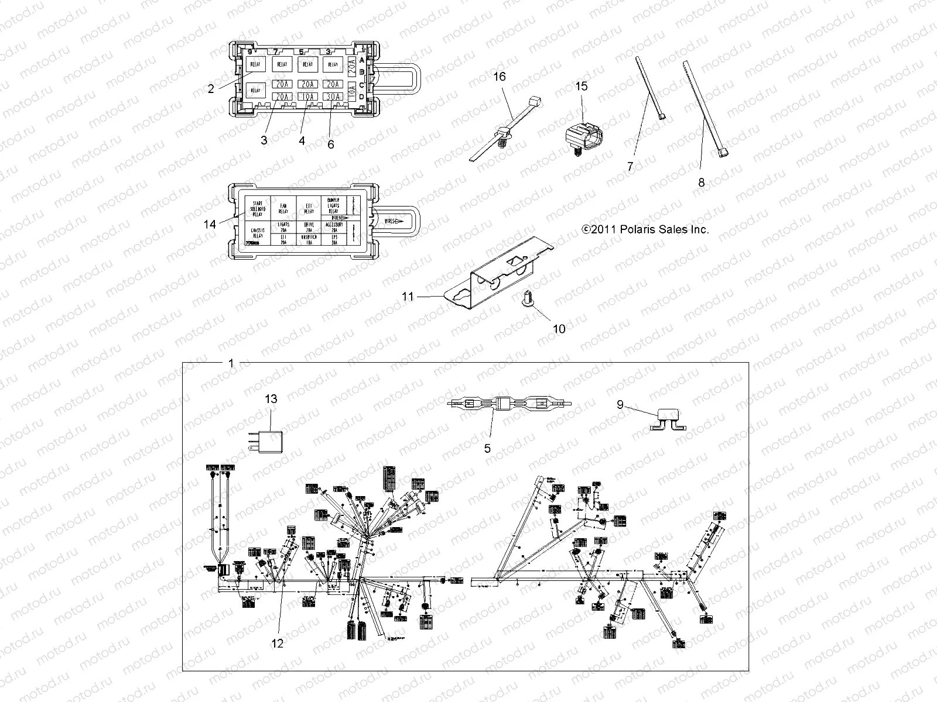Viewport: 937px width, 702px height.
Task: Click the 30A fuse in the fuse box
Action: click(x=333, y=97)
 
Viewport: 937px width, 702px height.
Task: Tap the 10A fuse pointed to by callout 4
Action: click(x=307, y=97)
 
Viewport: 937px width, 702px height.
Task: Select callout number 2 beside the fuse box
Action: click(x=211, y=89)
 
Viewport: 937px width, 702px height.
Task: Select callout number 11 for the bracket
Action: click(x=408, y=297)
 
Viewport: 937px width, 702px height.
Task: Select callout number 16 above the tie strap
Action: click(x=499, y=77)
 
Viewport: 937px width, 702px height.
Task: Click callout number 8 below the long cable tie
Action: click(x=702, y=183)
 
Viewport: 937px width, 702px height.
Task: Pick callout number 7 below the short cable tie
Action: click(x=630, y=166)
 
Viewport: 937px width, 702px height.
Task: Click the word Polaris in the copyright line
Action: click(x=639, y=230)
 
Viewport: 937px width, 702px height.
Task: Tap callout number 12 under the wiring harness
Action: click(x=278, y=643)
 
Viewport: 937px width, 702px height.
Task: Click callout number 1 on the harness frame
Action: click(x=231, y=363)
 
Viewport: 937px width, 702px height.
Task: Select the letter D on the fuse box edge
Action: click(x=361, y=97)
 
